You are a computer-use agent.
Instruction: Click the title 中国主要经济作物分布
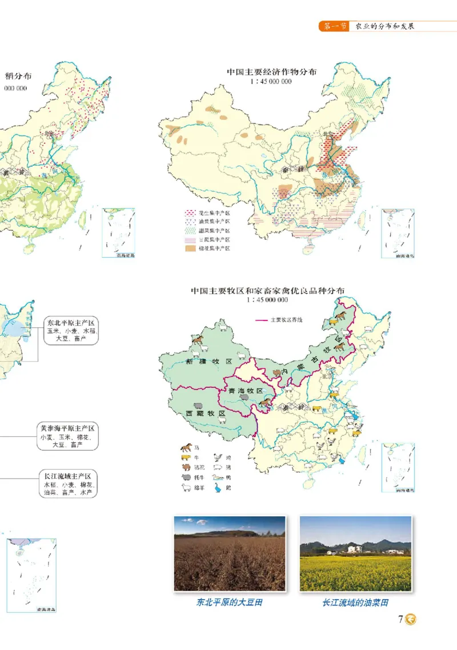271,73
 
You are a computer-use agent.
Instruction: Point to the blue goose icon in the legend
218,487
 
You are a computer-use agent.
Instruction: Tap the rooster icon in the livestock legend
218,457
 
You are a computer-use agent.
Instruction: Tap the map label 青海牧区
245,391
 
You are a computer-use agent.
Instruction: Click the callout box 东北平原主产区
70,331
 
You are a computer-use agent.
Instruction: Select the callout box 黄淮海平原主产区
67,436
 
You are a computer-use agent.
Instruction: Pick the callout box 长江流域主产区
67,483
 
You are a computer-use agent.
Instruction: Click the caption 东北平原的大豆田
229,603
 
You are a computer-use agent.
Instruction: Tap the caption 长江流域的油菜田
355,603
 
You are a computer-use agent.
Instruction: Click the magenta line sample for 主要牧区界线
262,320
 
